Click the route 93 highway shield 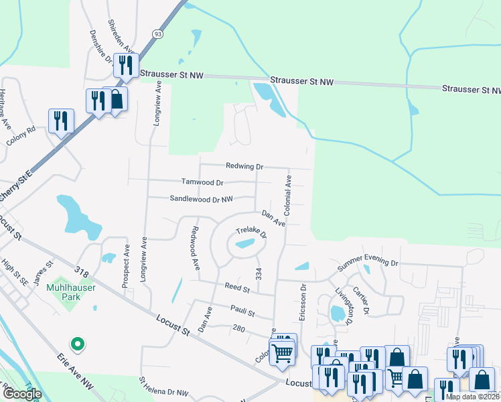(x=157, y=33)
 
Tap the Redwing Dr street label (x=244, y=166)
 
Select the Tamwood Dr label (x=202, y=182)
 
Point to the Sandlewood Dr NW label (x=201, y=199)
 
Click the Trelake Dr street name (x=251, y=234)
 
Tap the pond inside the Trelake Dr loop (x=244, y=245)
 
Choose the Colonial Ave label (x=288, y=195)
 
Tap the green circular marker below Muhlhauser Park (x=78, y=344)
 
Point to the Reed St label (x=236, y=289)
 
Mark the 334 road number (x=259, y=273)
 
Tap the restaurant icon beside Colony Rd (x=62, y=121)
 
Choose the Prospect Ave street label (x=126, y=265)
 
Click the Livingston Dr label (x=344, y=306)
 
